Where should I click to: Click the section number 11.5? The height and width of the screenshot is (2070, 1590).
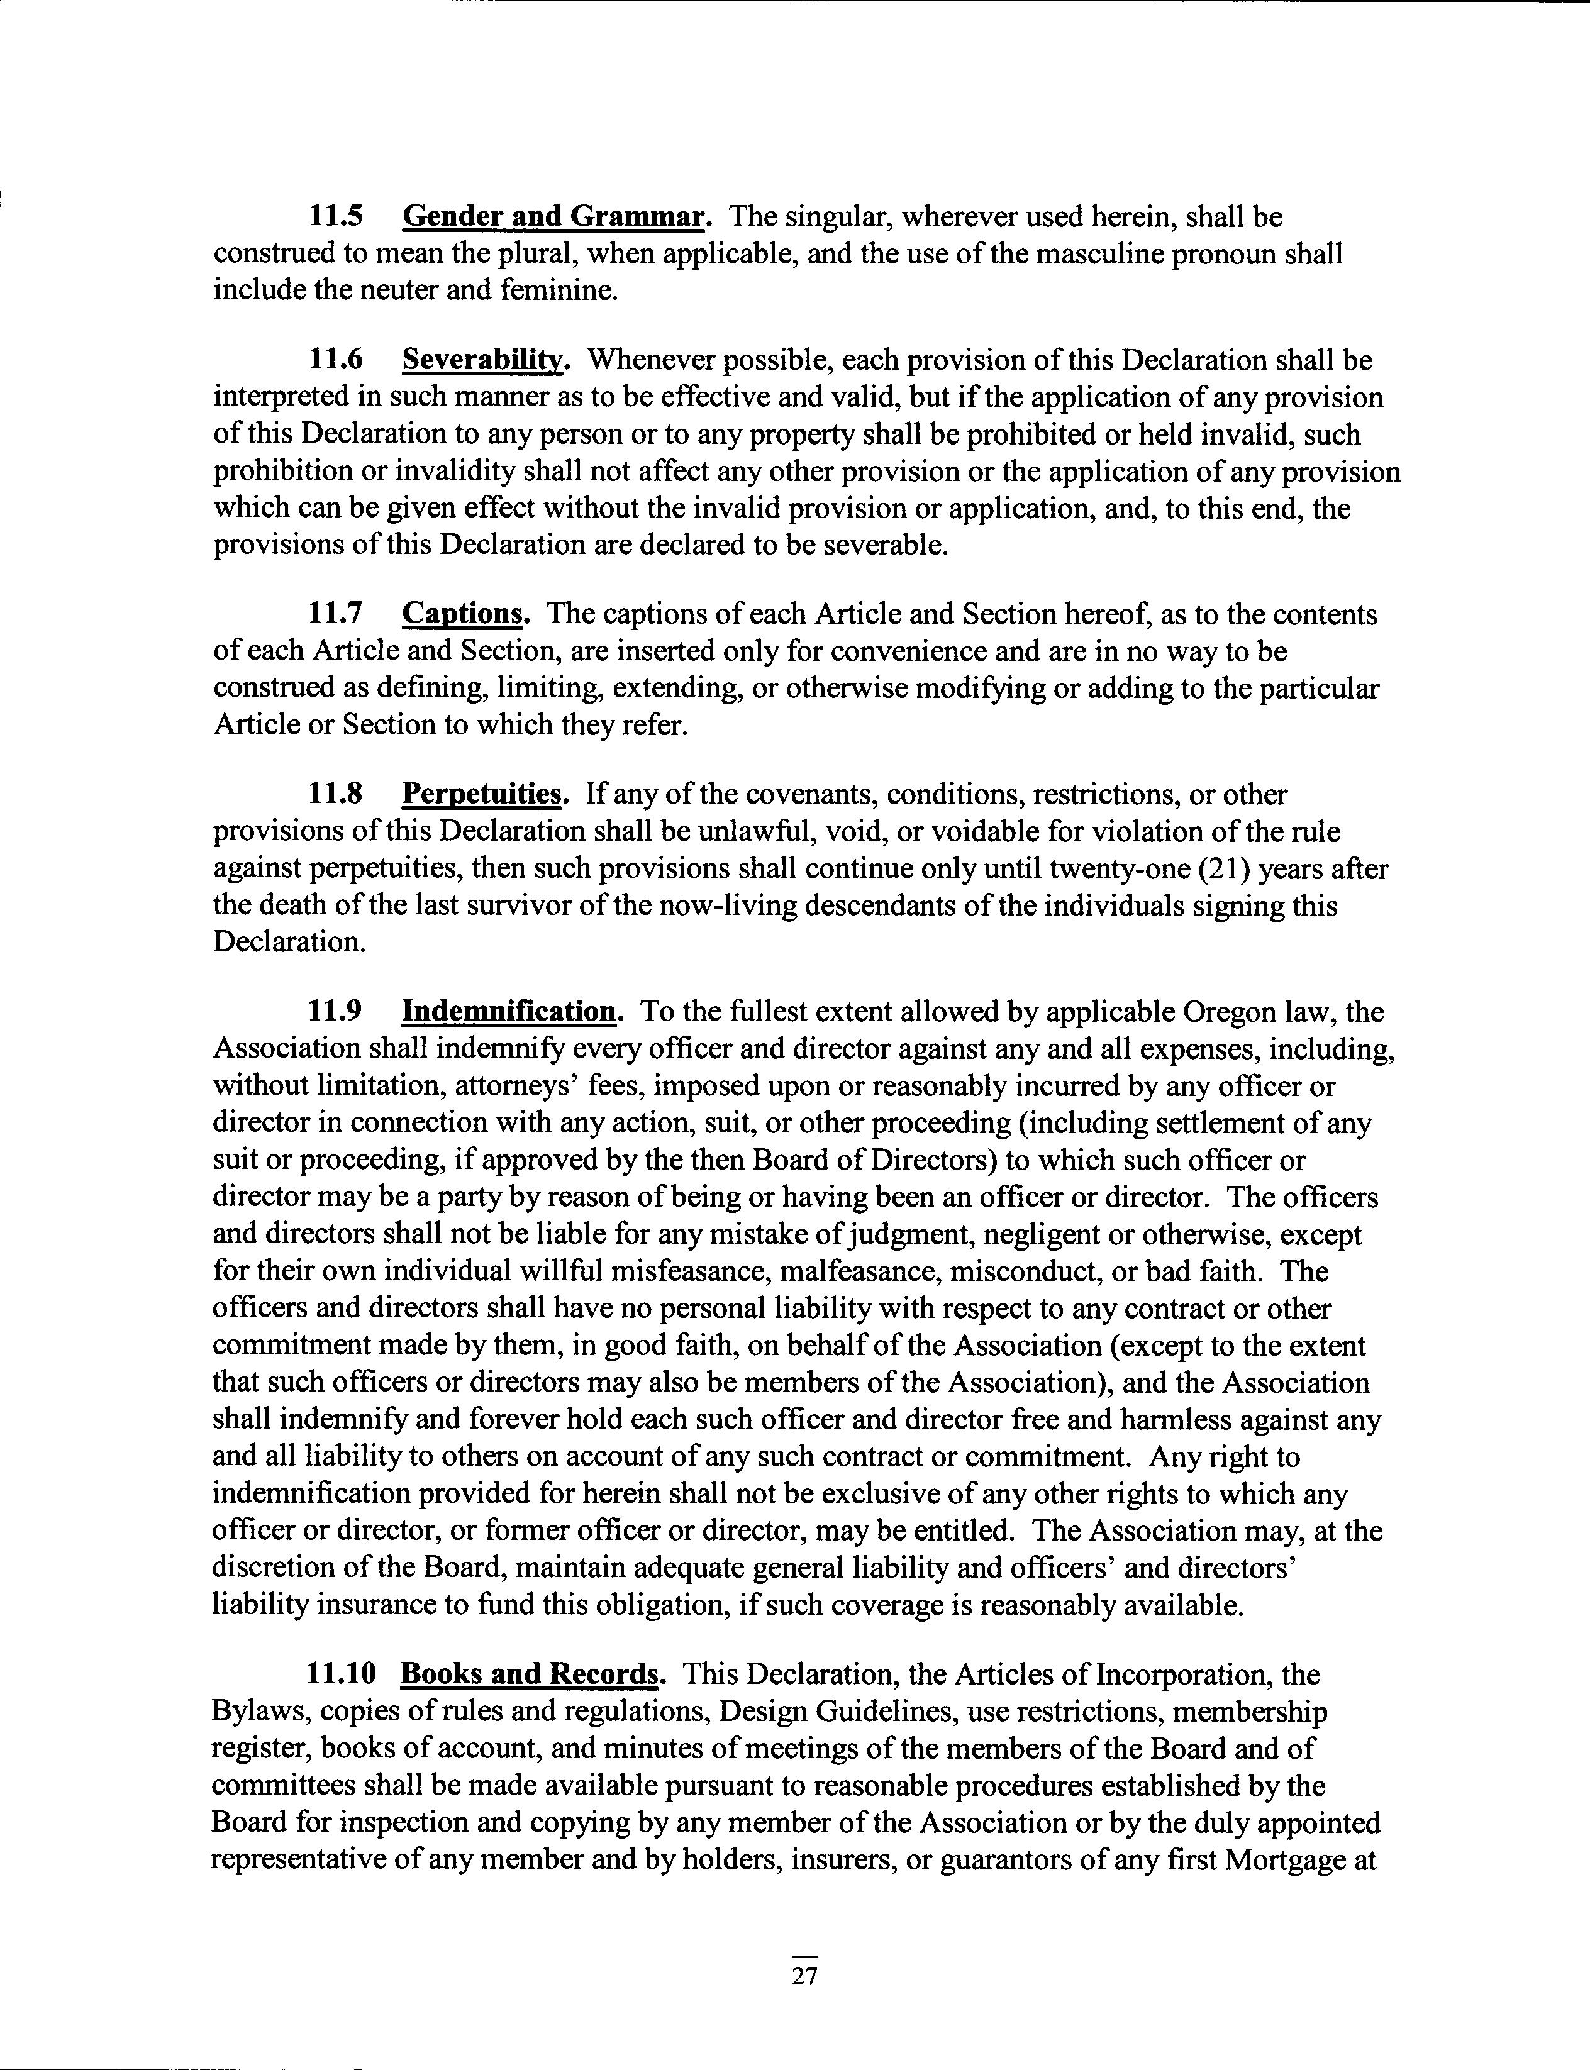pyautogui.click(x=336, y=218)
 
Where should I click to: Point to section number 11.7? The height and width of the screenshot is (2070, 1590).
pyautogui.click(x=336, y=615)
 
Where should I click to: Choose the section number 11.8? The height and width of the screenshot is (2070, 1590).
pyautogui.click(x=336, y=795)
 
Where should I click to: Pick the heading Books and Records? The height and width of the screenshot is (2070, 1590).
pyautogui.click(x=530, y=1674)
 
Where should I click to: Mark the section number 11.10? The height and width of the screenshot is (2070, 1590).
pyautogui.click(x=342, y=1674)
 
